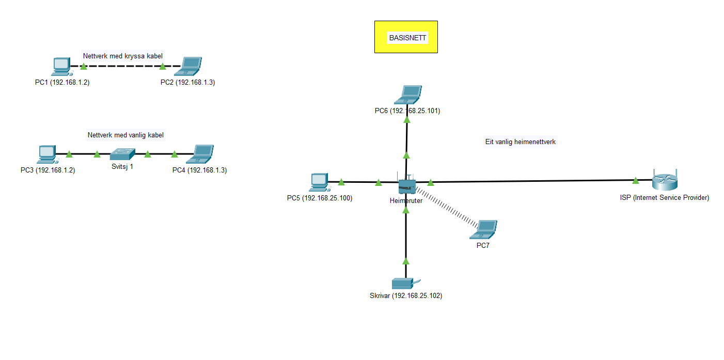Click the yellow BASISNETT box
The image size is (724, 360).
point(406,37)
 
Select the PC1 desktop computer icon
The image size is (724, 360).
point(61,66)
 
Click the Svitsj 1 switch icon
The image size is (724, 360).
point(122,153)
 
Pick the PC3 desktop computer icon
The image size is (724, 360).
point(46,153)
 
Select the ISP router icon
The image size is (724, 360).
point(664,181)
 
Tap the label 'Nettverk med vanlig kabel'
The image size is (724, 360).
point(125,135)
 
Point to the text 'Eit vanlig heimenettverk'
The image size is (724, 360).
point(520,142)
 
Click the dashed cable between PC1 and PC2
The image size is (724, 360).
point(123,67)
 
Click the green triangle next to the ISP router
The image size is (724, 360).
point(635,180)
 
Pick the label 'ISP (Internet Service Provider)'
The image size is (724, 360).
point(664,198)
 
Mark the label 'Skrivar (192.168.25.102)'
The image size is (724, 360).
point(406,296)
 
